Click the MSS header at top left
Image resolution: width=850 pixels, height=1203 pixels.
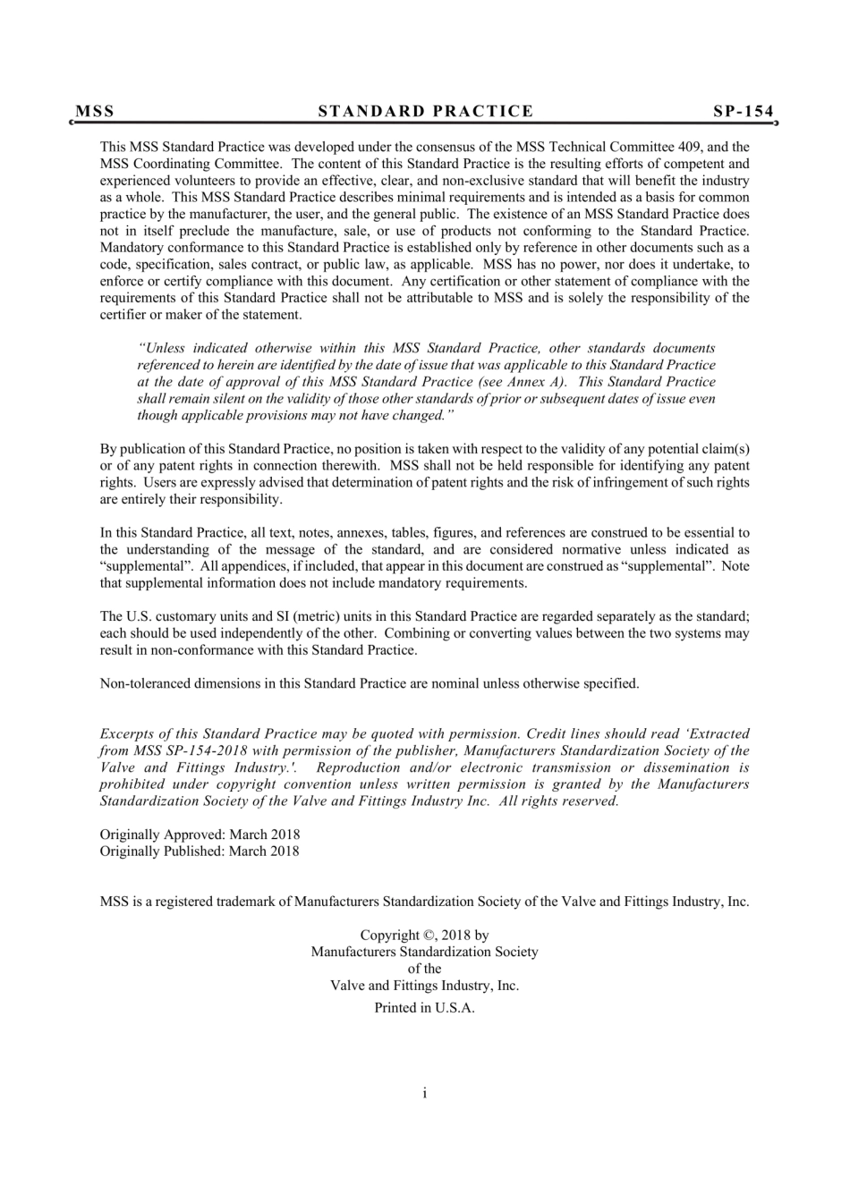pyautogui.click(x=95, y=112)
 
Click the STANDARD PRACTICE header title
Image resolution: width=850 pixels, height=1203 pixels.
pyautogui.click(x=426, y=112)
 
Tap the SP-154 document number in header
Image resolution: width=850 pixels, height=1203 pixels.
pyautogui.click(x=743, y=112)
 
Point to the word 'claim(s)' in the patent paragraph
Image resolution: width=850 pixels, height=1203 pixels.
pyautogui.click(x=725, y=449)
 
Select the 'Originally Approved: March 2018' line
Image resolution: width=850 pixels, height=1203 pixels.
pyautogui.click(x=200, y=835)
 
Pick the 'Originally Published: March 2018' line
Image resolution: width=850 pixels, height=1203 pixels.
pyautogui.click(x=200, y=851)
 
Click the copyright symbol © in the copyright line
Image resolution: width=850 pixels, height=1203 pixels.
pyautogui.click(x=427, y=936)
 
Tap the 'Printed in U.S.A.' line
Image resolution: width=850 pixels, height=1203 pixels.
pyautogui.click(x=424, y=1008)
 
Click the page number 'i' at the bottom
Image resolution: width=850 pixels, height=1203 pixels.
pyautogui.click(x=425, y=1093)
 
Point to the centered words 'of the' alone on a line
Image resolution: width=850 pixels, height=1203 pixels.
pyautogui.click(x=425, y=969)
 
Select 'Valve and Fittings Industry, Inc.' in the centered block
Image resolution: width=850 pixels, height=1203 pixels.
pyautogui.click(x=425, y=986)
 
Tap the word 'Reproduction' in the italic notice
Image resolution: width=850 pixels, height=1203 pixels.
pyautogui.click(x=358, y=768)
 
